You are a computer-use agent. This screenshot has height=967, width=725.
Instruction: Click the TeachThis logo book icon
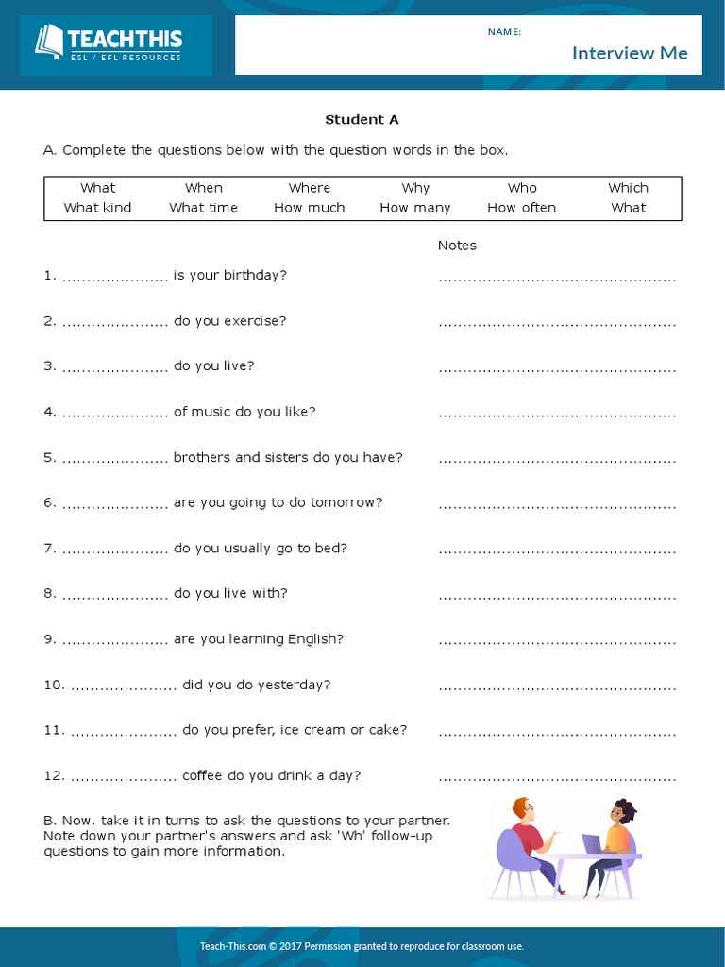pyautogui.click(x=48, y=42)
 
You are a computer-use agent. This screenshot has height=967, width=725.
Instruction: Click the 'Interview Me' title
pyautogui.click(x=630, y=53)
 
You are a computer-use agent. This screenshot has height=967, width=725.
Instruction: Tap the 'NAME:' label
pyautogui.click(x=504, y=32)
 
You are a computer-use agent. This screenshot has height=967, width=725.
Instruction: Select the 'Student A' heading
pyautogui.click(x=362, y=120)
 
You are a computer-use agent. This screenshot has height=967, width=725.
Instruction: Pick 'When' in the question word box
pyautogui.click(x=204, y=188)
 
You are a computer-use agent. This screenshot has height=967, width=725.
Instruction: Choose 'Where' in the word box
pyautogui.click(x=310, y=188)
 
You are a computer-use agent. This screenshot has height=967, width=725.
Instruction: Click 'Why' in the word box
pyautogui.click(x=415, y=188)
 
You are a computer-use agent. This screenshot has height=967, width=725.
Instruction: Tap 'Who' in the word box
pyautogui.click(x=522, y=188)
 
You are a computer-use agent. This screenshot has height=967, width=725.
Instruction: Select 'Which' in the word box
pyautogui.click(x=628, y=188)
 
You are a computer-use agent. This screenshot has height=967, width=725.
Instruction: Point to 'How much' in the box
pyautogui.click(x=310, y=208)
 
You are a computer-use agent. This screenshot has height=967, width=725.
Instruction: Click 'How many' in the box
pyautogui.click(x=415, y=208)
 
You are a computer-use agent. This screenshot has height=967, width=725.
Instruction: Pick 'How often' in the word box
pyautogui.click(x=522, y=208)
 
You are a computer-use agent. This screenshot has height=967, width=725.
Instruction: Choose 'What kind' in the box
pyautogui.click(x=97, y=208)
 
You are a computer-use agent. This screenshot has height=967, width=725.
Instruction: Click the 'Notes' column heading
pyautogui.click(x=457, y=246)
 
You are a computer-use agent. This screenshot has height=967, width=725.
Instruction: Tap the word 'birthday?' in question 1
pyautogui.click(x=255, y=275)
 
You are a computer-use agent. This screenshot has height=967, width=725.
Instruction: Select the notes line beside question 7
pyautogui.click(x=557, y=551)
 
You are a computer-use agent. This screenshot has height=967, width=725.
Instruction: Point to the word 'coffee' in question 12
pyautogui.click(x=202, y=775)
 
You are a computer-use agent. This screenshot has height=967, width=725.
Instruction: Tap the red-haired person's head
pyautogui.click(x=522, y=810)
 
